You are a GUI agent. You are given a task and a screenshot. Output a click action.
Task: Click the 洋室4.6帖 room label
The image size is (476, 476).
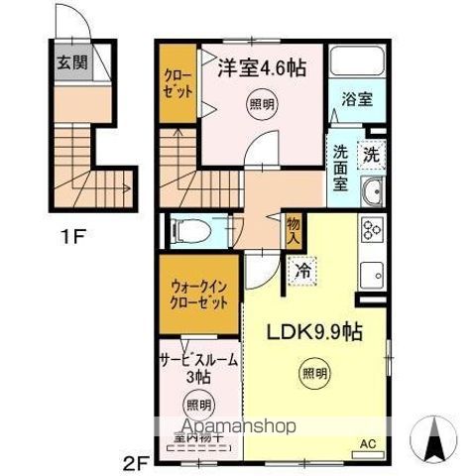point(260,68)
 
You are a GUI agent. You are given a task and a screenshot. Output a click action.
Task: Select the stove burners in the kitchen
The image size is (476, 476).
point(373,229)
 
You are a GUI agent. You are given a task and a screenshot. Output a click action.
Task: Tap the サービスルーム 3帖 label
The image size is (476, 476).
point(197,369)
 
